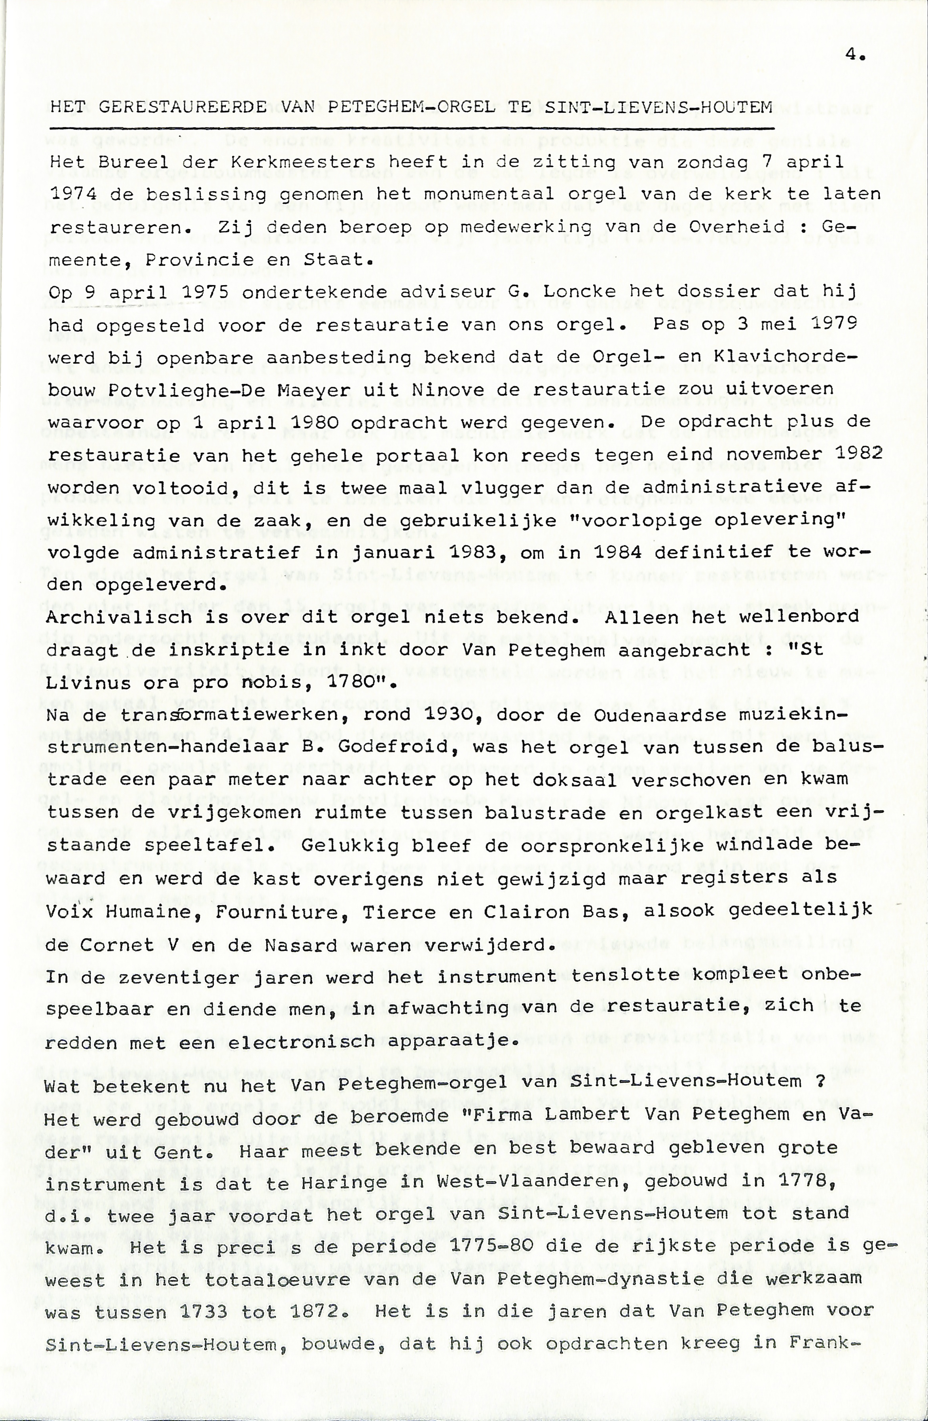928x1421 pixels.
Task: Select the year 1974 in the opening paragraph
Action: tap(75, 195)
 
